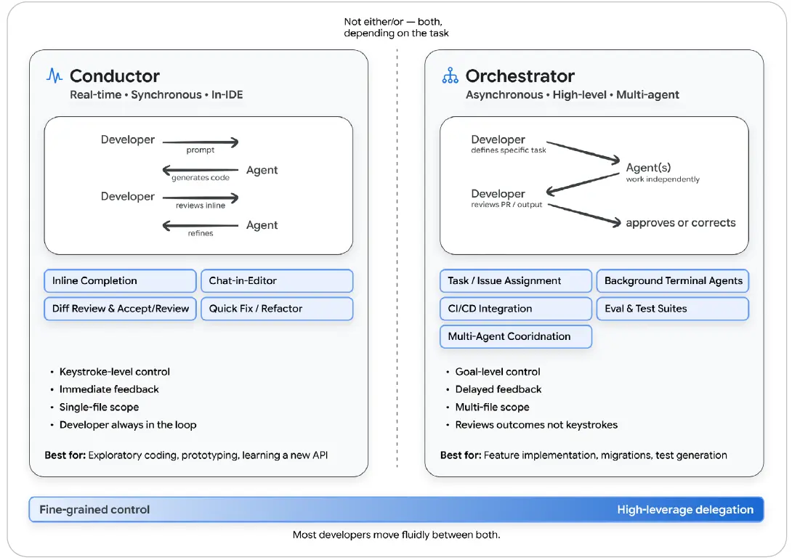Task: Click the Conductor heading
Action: coord(115,76)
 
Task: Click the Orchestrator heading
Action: coord(520,76)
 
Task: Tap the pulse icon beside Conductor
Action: coord(54,76)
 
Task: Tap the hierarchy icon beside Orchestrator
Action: coord(450,76)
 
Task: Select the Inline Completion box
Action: coord(120,281)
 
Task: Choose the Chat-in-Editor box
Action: coord(277,281)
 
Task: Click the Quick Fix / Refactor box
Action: coord(277,309)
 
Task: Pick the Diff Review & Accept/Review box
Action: coord(120,309)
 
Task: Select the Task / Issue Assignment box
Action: coord(516,281)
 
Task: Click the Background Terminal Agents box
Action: coord(672,281)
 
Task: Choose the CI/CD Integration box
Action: coord(516,309)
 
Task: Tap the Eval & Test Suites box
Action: coord(672,309)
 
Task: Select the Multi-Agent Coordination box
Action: coord(516,336)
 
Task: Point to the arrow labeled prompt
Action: coord(200,142)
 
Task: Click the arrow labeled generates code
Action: coord(200,170)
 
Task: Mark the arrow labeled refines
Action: coord(200,226)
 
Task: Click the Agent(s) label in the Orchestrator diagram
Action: coord(648,168)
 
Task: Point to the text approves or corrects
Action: coord(680,223)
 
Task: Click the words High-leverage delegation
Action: coord(685,509)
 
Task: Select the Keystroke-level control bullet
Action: coord(115,372)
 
